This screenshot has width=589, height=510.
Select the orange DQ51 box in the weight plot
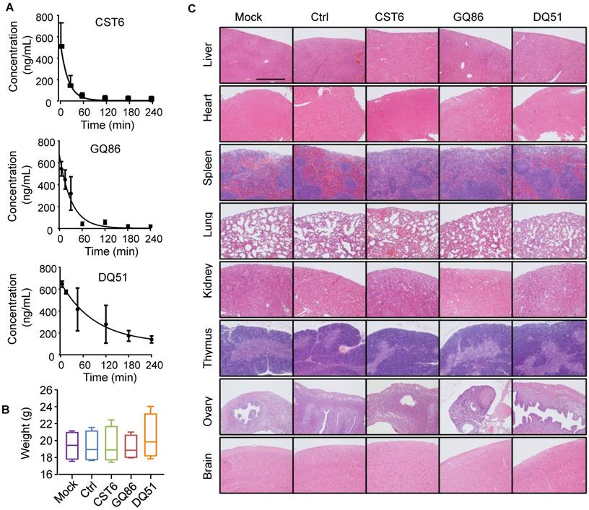151,436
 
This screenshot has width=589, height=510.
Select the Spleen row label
208,173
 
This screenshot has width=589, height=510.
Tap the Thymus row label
208,348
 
